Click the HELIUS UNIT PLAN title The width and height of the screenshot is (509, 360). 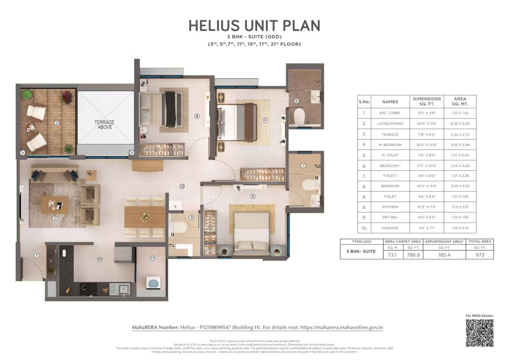tap(254, 26)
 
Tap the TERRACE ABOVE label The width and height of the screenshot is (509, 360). tap(104, 124)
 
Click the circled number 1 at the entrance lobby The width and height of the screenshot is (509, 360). tap(37, 255)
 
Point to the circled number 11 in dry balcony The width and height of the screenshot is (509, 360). tap(152, 258)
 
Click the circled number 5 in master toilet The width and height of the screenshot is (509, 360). tap(296, 101)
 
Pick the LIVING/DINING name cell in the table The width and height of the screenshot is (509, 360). tap(390, 123)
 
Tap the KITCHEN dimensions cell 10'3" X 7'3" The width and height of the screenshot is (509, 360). tap(427, 207)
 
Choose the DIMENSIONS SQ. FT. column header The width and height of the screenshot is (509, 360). tap(427, 102)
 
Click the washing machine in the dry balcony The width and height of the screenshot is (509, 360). tap(153, 282)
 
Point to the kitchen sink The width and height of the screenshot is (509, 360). tap(124, 289)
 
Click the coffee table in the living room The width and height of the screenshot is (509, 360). tap(55, 205)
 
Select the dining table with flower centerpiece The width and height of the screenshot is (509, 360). tap(145, 217)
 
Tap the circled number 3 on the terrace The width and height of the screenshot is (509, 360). tap(56, 123)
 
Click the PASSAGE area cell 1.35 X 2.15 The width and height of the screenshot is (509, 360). tap(460, 228)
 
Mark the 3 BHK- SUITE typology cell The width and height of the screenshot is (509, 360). tap(361, 251)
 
